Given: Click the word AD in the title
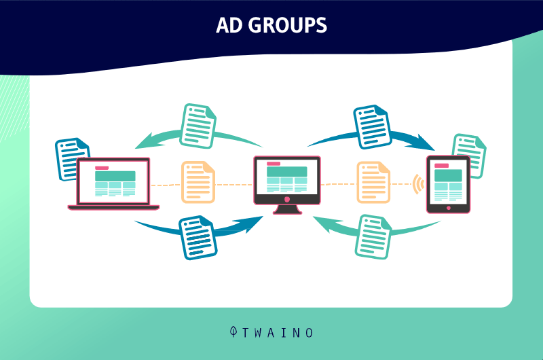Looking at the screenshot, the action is [x=229, y=25].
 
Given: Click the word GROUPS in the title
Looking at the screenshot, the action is [x=287, y=25].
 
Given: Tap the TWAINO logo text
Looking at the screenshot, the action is [x=278, y=333].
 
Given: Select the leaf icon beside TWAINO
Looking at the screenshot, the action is [x=233, y=331].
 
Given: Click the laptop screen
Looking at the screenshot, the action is [x=113, y=181].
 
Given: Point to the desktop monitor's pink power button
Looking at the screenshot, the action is [x=286, y=199].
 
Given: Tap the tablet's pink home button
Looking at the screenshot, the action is [x=449, y=208].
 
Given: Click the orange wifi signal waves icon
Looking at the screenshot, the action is [x=419, y=184].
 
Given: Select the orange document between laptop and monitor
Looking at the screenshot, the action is [x=198, y=182].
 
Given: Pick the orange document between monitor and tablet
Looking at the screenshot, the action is [x=373, y=182].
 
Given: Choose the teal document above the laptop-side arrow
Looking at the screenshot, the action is [x=198, y=126].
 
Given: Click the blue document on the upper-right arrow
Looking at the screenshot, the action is [x=372, y=127].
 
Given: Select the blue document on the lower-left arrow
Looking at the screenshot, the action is [x=198, y=238].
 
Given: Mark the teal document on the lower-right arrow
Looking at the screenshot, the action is [x=373, y=237].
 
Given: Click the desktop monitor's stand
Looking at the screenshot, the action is [x=286, y=209].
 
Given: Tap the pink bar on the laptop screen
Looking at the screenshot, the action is [x=102, y=168].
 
